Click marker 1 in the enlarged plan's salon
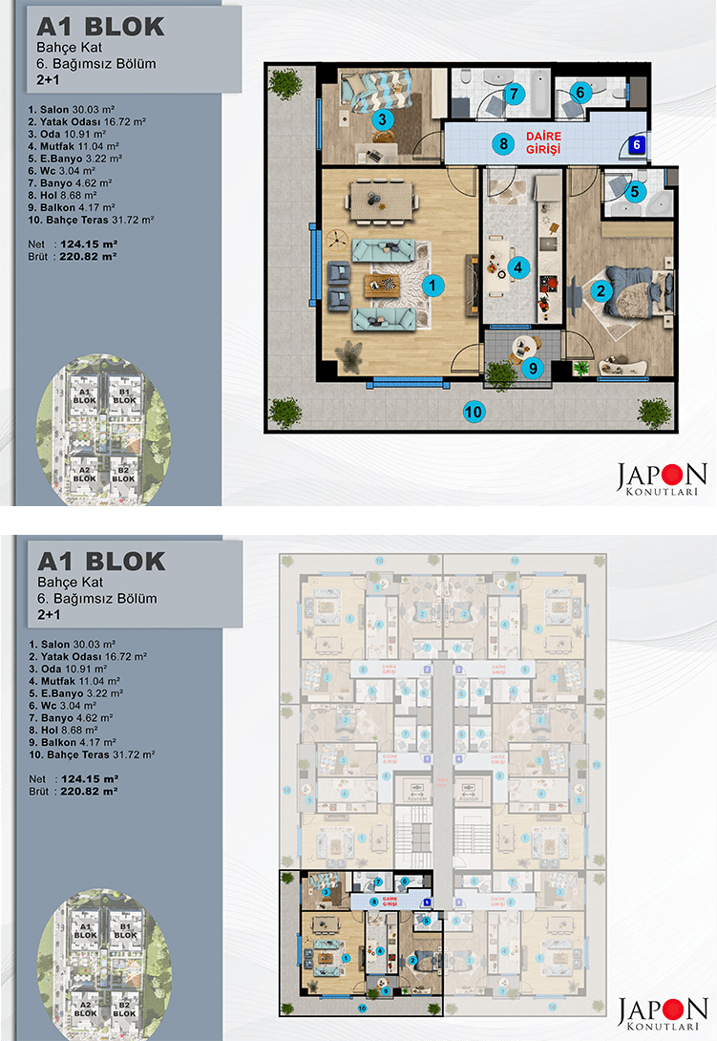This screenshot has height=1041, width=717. pos(432,284)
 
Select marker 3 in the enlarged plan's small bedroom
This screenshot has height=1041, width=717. pos(381,120)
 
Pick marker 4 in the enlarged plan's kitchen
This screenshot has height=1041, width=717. pos(517,267)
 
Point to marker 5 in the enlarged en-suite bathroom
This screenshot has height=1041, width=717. pos(634,191)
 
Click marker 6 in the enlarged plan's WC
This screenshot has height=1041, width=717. pos(580,93)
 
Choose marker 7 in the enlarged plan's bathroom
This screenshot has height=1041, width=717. pos(514,94)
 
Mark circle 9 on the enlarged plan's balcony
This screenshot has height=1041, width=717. pos(533,366)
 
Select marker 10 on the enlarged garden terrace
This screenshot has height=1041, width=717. pos(473,412)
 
